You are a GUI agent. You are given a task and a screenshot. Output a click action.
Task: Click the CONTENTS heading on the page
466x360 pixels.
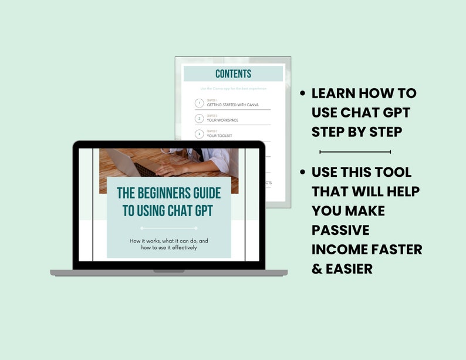(233, 74)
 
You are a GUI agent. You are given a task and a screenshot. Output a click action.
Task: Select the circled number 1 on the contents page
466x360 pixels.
(200, 103)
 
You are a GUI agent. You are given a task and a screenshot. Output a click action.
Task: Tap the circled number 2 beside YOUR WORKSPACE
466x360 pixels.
(200, 119)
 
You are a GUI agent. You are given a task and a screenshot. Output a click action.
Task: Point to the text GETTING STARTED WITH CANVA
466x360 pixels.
(232, 105)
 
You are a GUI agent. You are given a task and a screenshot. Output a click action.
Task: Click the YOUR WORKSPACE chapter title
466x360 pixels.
(222, 120)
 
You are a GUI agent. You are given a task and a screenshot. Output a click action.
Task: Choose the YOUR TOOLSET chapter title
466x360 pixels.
(220, 135)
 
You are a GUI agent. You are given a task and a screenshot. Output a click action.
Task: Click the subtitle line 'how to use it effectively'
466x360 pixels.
(168, 247)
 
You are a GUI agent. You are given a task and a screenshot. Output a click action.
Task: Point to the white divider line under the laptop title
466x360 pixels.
(168, 228)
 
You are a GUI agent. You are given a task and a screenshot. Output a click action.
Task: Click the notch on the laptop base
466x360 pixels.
(168, 271)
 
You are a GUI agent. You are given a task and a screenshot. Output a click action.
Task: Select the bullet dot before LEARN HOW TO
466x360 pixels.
(303, 93)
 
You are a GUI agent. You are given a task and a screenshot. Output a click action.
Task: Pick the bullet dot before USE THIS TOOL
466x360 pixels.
(303, 173)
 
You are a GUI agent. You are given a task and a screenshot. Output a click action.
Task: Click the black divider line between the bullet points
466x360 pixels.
(354, 152)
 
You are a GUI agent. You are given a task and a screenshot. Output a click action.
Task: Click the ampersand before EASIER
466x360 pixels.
(318, 268)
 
